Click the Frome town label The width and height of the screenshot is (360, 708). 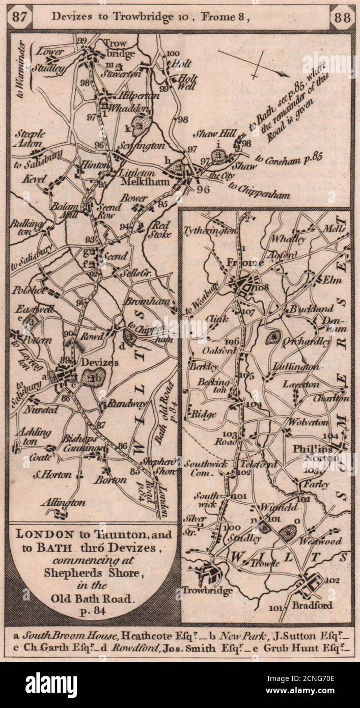point(240,263)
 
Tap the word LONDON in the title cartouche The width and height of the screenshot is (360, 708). point(40,534)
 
